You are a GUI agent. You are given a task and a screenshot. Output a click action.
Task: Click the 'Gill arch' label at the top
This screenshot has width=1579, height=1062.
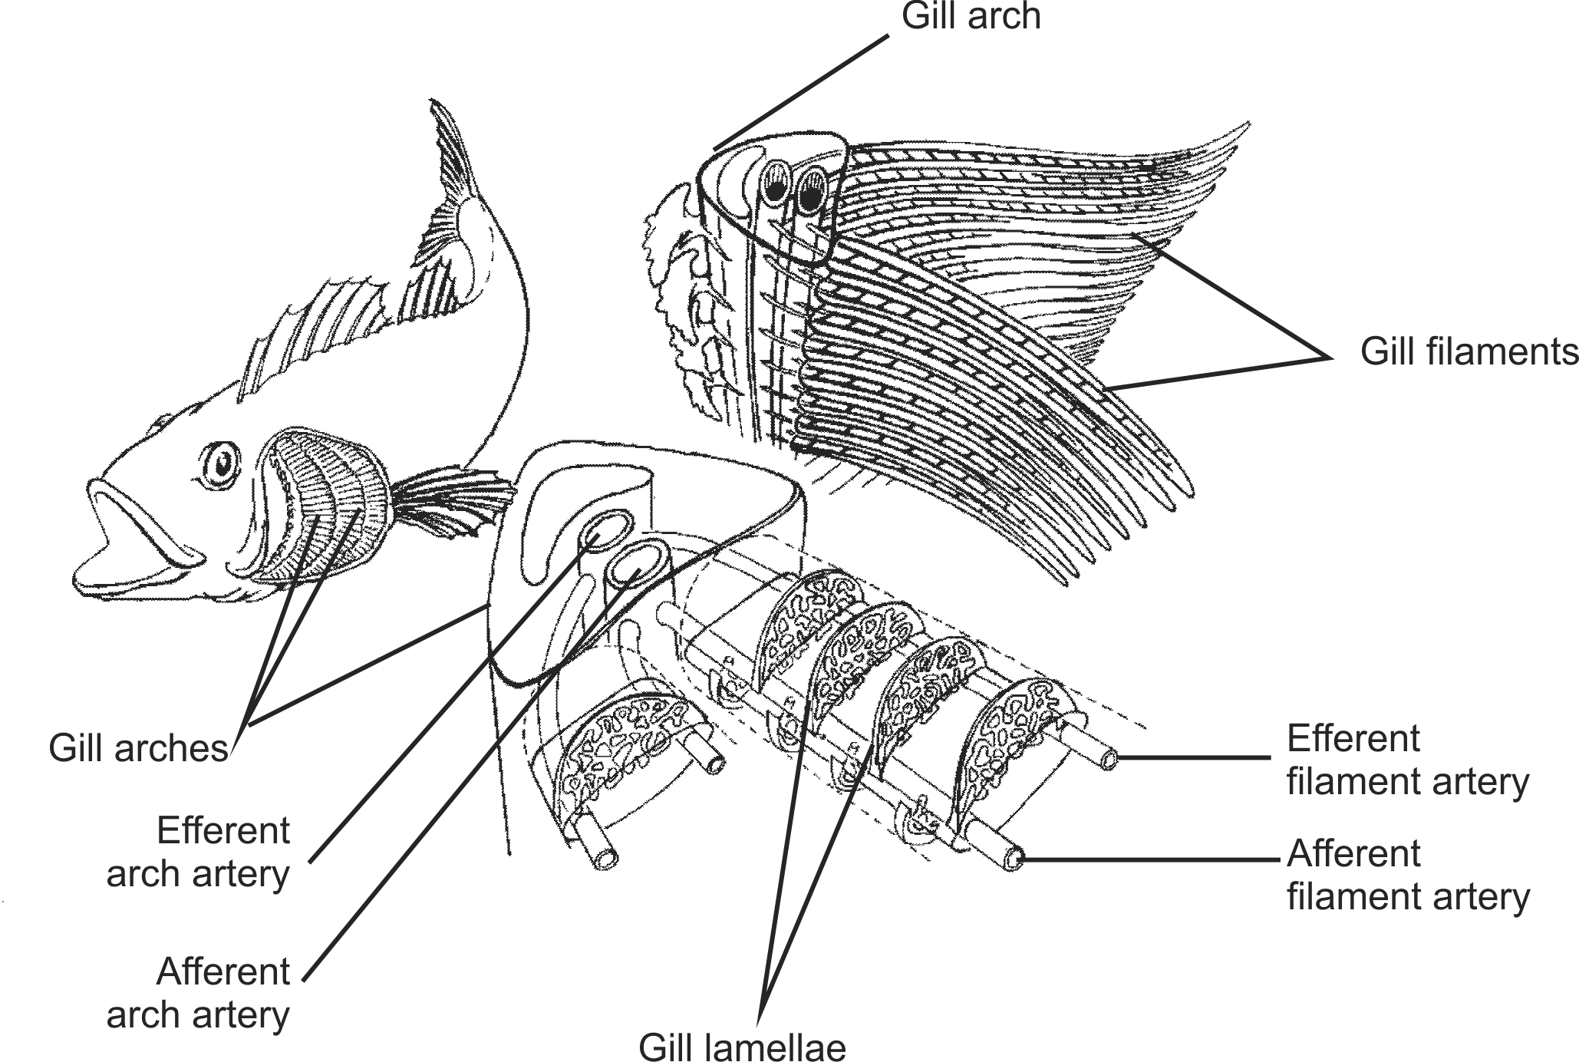(x=971, y=16)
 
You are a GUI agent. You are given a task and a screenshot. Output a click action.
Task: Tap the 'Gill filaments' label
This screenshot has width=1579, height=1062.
(x=1469, y=352)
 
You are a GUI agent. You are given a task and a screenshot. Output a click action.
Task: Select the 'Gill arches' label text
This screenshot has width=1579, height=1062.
(x=138, y=748)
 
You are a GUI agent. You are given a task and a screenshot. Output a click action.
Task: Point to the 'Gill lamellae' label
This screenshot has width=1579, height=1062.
(x=742, y=1046)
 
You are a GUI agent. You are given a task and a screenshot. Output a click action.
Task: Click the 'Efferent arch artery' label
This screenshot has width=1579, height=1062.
(x=198, y=852)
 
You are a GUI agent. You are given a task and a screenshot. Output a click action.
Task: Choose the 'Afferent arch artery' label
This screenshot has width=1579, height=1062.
(x=198, y=993)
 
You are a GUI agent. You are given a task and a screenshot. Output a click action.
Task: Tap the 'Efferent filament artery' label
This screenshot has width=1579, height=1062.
(x=1407, y=760)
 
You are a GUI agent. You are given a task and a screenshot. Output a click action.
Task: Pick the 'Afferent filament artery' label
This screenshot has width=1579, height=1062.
(x=1407, y=876)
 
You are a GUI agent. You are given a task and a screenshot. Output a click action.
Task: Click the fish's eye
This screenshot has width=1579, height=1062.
(x=223, y=463)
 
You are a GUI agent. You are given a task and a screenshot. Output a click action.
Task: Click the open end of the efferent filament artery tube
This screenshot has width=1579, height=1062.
(x=1109, y=760)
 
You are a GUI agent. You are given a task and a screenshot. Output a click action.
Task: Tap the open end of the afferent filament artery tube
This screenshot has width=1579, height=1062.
(x=1014, y=859)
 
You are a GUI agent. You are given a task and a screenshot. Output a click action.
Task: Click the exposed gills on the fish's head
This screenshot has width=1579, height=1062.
(x=322, y=522)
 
